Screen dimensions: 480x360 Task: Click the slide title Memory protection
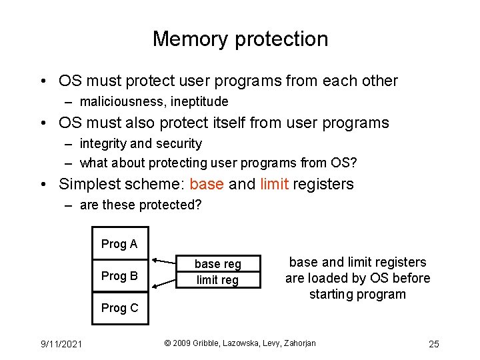240,39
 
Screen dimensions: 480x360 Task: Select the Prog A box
119,244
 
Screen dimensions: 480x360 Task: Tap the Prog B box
119,275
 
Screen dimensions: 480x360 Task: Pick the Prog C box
119,308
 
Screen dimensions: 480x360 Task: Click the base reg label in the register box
217,264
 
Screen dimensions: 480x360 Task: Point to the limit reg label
217,280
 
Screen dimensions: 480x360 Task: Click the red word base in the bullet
207,184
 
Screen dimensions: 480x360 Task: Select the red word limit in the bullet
274,184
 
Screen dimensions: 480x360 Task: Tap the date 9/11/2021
61,344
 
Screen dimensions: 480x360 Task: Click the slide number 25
433,344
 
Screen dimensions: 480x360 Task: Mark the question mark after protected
197,205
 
